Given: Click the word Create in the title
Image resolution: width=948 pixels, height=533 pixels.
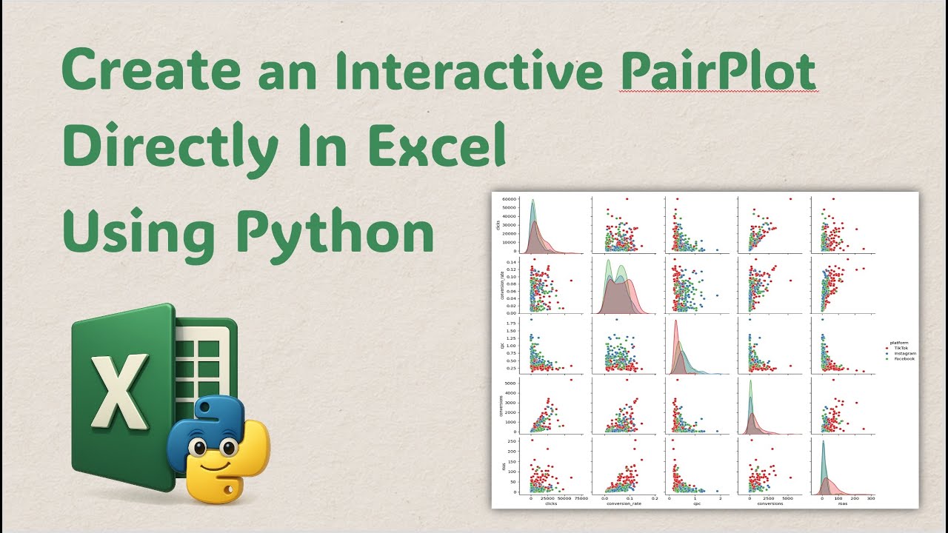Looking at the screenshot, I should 151,72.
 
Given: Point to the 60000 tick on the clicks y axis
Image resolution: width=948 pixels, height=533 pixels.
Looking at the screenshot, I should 515,200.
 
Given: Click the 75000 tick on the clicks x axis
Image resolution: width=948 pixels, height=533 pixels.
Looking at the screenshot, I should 580,499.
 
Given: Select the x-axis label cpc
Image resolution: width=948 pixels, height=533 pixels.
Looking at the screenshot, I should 696,504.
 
